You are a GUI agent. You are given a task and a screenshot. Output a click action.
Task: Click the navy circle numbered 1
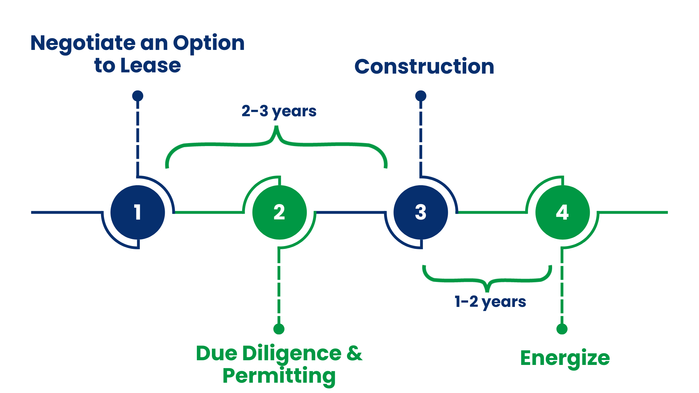coord(138,212)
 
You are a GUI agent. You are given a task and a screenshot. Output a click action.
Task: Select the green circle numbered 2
coord(279,212)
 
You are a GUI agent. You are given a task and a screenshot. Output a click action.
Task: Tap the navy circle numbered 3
coord(421,212)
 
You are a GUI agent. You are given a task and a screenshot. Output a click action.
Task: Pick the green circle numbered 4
coord(562,212)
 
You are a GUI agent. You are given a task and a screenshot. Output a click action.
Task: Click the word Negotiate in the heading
coord(83,44)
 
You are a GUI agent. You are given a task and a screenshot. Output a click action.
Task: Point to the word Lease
coord(150,65)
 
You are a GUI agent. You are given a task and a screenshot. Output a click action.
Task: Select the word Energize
coord(565,358)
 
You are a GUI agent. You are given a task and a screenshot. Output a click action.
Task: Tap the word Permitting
coord(279,376)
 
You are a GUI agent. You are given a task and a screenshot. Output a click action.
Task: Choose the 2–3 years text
coord(279,111)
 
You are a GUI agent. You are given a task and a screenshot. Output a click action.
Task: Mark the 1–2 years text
coord(490,302)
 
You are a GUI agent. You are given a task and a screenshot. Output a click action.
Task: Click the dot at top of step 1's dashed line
coord(138,96)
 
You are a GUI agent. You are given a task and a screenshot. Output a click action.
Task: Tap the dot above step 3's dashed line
coord(421,96)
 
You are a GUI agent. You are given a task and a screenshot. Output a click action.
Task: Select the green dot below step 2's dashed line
coord(279,329)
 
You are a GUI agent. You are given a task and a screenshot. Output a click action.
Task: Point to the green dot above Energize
coord(562,329)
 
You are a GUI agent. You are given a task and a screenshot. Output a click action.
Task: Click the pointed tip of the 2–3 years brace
coord(276,127)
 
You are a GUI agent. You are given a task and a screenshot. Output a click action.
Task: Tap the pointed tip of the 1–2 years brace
coord(487,291)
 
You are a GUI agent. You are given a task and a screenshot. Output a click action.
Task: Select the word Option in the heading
coord(209,44)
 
